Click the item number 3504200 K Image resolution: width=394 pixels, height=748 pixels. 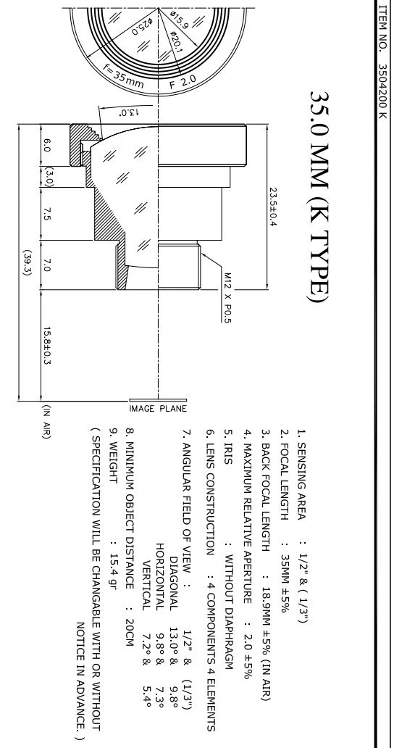coord(382,91)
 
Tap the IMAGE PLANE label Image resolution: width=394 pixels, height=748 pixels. coord(158,408)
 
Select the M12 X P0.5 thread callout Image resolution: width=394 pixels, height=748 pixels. coord(227,298)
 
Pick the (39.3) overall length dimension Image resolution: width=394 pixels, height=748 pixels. coord(27,262)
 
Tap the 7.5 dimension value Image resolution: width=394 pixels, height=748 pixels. coord(46,213)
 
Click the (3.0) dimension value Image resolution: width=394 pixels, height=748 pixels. coord(48,175)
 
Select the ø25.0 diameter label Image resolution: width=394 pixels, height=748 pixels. coord(141,26)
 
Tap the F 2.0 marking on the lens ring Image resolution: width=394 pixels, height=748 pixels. coord(183,82)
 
